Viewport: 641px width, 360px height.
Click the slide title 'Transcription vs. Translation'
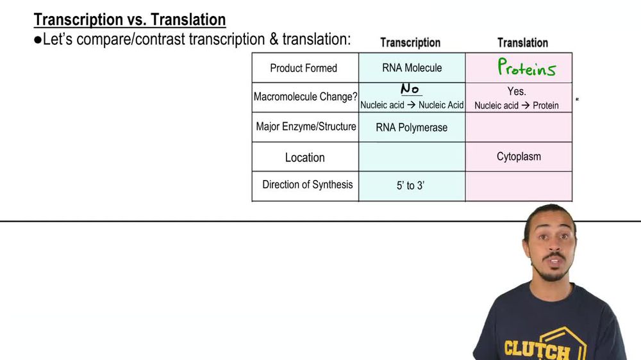(x=129, y=20)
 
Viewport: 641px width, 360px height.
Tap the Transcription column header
(x=410, y=43)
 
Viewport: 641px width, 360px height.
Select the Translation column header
(x=522, y=43)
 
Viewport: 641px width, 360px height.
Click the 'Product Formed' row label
(x=303, y=68)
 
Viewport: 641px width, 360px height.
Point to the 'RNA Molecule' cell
(x=412, y=68)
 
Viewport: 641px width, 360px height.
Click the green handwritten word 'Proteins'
(x=526, y=68)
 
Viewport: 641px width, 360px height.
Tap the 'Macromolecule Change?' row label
(x=305, y=97)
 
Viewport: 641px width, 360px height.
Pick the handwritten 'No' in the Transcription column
(x=410, y=89)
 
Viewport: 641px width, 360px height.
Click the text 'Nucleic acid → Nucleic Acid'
(x=412, y=105)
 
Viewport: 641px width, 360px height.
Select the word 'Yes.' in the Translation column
(x=517, y=92)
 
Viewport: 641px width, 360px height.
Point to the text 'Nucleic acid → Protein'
(x=517, y=105)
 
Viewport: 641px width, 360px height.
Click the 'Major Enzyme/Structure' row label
(x=306, y=127)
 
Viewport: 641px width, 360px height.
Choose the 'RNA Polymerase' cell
(x=412, y=127)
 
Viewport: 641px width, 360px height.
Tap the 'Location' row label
(x=304, y=158)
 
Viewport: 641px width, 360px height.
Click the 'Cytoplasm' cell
(x=519, y=156)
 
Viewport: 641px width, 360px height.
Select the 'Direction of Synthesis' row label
(x=307, y=184)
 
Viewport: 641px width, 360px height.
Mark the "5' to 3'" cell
(x=410, y=186)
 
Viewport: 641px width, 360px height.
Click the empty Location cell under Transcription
(x=412, y=157)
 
